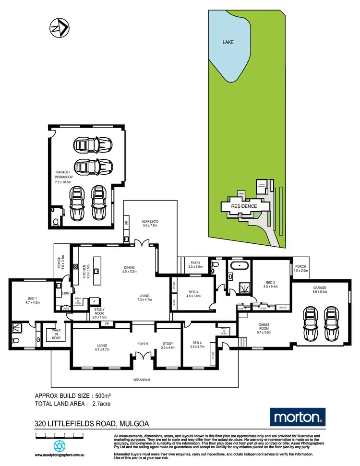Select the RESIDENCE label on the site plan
244,206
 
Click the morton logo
298,417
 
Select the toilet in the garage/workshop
56,222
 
